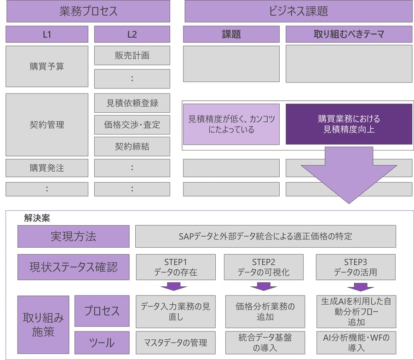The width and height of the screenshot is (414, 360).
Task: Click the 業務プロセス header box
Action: click(x=88, y=11)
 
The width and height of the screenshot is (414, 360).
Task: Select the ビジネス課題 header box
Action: click(x=298, y=11)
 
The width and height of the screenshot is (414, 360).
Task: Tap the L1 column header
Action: click(x=47, y=34)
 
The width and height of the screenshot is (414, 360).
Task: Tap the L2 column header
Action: click(x=132, y=34)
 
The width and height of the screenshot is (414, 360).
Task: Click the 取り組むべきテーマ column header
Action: click(x=349, y=34)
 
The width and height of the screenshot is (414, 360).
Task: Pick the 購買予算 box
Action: click(x=47, y=66)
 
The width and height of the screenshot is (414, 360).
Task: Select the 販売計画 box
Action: click(x=132, y=55)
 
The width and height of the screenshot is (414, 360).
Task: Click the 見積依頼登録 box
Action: click(x=132, y=103)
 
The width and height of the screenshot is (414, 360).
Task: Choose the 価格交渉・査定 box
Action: click(x=132, y=125)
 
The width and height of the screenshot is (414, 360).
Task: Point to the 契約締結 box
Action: click(x=132, y=146)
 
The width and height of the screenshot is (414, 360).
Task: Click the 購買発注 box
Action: click(x=47, y=168)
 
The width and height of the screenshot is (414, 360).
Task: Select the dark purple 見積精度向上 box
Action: click(x=349, y=124)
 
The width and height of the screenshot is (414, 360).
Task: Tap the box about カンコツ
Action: click(x=231, y=124)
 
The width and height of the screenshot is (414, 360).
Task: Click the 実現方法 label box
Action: click(x=73, y=236)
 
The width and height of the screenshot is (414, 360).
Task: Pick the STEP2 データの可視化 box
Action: click(x=264, y=267)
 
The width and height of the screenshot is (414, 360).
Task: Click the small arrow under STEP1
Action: click(x=174, y=287)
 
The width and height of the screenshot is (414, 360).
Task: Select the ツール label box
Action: click(x=102, y=343)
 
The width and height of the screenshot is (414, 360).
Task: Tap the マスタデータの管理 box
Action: click(x=176, y=343)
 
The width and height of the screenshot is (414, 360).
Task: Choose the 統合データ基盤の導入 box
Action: click(x=265, y=343)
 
